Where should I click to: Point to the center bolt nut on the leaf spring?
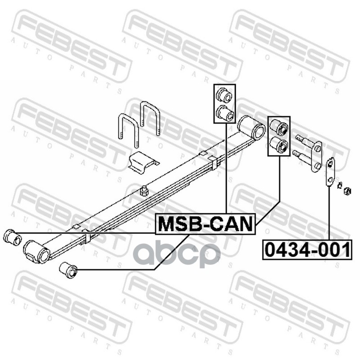point(144,191)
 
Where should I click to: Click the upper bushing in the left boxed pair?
point(224,95)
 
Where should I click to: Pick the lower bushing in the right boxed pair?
point(279,145)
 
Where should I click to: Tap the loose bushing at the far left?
point(12,237)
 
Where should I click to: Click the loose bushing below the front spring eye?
point(68,270)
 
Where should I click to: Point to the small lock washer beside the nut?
point(340,184)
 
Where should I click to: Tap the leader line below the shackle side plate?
point(329,211)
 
